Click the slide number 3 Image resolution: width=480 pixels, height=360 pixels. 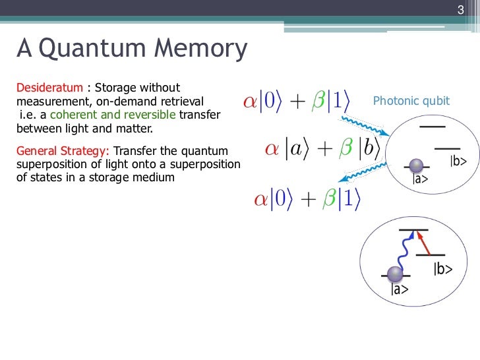point(462,9)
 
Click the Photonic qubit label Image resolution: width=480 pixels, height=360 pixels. point(411,101)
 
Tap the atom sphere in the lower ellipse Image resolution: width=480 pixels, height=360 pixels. point(394,273)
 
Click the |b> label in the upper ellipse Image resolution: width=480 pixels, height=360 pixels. point(458,161)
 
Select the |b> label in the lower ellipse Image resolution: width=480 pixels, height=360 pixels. point(443,268)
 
